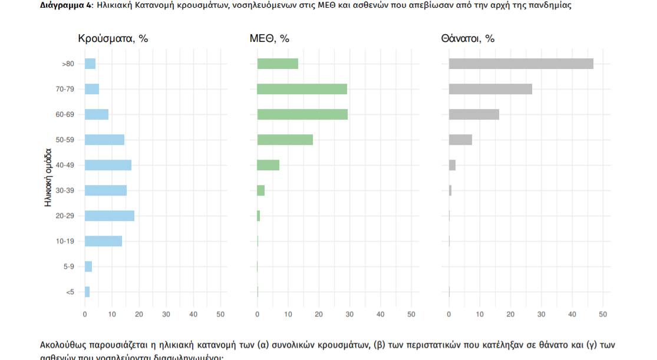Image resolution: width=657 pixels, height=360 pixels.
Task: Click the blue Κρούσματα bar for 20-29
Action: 110,216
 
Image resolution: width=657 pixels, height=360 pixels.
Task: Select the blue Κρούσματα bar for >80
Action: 90,64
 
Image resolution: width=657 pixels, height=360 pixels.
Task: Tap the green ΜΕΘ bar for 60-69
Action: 302,114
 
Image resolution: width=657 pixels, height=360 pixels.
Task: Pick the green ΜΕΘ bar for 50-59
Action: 285,140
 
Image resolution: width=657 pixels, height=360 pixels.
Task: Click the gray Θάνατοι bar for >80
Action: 521,64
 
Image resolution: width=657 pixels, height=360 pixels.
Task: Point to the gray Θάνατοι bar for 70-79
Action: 490,89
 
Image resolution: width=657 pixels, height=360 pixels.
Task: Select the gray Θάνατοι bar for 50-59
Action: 460,140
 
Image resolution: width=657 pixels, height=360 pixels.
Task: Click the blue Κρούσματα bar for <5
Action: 87,292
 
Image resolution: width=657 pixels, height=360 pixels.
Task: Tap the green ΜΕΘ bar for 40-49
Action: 268,165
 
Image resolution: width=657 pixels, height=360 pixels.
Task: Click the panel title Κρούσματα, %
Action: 113,39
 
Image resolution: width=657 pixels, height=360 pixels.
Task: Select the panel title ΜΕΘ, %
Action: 269,39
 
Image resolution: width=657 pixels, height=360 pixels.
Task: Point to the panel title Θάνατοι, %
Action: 467,39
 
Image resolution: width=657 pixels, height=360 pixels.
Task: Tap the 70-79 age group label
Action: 65,89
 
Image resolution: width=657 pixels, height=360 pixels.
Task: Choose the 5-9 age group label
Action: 68,266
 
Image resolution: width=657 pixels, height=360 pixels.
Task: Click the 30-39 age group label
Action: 65,190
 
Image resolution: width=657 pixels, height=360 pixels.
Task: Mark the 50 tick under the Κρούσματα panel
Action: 220,315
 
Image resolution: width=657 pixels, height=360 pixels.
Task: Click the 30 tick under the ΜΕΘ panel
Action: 349,315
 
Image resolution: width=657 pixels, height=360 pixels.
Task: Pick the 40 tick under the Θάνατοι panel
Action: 572,315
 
